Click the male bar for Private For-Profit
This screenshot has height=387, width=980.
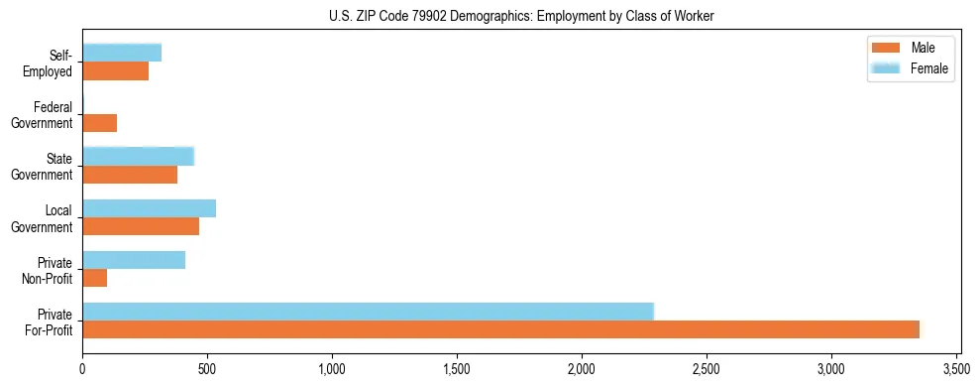coord(500,329)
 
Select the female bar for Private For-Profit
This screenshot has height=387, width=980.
coord(368,312)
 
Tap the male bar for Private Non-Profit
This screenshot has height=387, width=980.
coord(94,278)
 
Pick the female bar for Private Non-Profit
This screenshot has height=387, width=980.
coord(134,260)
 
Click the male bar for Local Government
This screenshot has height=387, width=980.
coord(141,226)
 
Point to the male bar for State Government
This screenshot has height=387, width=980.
coord(130,175)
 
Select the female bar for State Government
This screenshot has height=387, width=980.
coord(138,157)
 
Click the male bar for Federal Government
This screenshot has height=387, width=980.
coord(99,123)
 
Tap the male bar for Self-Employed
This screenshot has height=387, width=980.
coord(115,71)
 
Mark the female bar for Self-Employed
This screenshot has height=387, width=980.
coord(122,54)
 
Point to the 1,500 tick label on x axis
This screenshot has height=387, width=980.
coord(457,369)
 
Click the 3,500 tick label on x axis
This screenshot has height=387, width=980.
coord(955,369)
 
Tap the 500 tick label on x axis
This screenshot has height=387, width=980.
coord(207,369)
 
